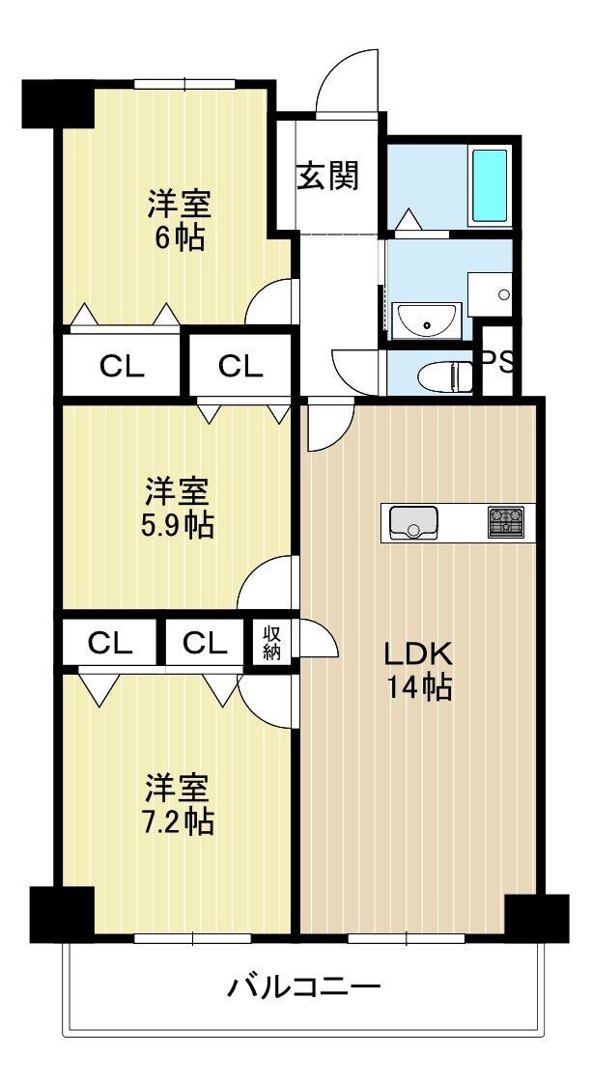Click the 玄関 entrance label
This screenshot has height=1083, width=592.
(328, 176)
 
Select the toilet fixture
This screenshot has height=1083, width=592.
(445, 376)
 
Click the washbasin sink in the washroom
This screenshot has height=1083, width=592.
(426, 321)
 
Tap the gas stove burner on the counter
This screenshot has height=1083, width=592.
(506, 522)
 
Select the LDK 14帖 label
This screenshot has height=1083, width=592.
(417, 669)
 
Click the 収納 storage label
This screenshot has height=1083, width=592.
(271, 642)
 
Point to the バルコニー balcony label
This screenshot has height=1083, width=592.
(304, 987)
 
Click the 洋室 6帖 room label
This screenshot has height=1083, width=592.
(178, 220)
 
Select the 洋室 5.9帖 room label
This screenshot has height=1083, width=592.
(179, 509)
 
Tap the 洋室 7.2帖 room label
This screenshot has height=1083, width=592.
(179, 804)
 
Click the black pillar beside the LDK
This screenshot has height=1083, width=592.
(537, 918)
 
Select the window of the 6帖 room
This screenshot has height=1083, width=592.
(185, 84)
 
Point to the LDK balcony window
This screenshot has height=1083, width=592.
(407, 938)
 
